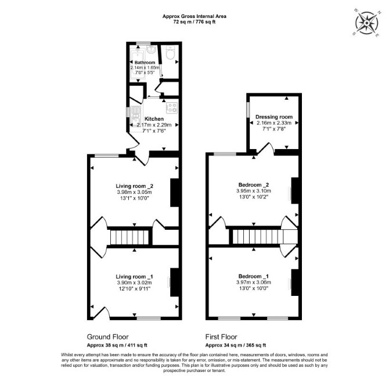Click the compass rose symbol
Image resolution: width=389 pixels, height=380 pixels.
point(367,23)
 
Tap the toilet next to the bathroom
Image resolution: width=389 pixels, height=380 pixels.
point(170,53)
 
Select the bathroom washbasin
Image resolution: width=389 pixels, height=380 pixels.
point(150,49)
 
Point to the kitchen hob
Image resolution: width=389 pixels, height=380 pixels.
point(172,107)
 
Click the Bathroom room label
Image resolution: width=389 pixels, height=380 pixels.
point(145,63)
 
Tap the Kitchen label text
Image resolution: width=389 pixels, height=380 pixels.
point(154,119)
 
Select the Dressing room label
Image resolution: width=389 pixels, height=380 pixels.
point(274,117)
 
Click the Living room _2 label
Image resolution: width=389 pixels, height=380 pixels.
point(135,186)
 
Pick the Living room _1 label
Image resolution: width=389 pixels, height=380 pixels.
point(134,276)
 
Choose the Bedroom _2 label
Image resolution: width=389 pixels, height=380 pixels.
point(254,184)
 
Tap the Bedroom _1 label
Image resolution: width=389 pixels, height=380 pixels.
point(254,276)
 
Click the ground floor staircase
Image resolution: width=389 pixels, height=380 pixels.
point(129,237)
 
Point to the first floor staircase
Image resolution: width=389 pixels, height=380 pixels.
point(265,237)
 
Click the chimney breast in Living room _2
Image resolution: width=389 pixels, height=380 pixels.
point(174,193)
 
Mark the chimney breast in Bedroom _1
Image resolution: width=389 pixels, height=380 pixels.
point(294,283)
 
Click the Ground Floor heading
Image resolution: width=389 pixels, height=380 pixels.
point(107,337)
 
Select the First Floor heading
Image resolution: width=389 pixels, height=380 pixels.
point(221,337)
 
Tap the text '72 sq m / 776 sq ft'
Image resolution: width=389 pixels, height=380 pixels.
point(195,22)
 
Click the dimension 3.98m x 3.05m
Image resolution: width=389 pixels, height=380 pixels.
point(135,192)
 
